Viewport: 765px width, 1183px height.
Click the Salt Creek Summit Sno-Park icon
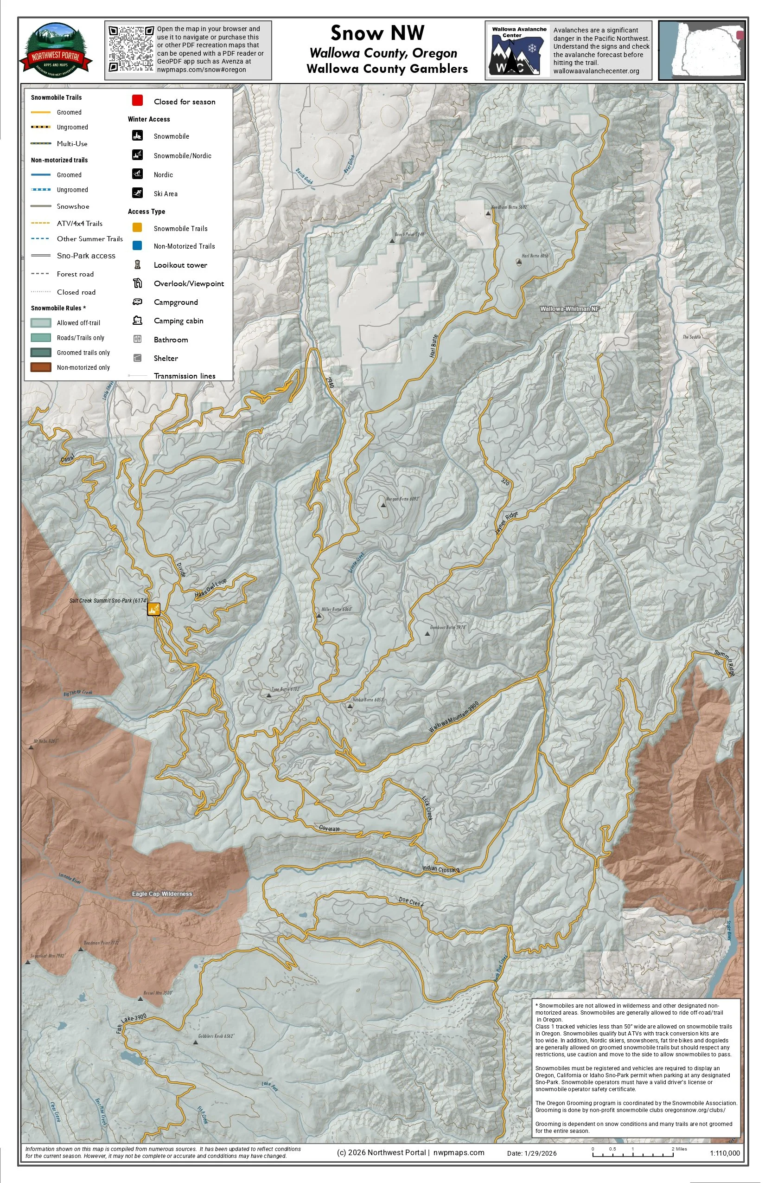[153, 609]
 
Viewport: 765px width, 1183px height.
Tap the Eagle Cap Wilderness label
[162, 894]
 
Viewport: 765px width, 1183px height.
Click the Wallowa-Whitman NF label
[569, 309]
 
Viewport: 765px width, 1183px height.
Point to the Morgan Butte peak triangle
[383, 505]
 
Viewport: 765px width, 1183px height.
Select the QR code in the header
[131, 49]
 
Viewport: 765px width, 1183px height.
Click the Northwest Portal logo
[56, 50]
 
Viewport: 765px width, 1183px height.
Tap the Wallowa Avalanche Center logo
[518, 51]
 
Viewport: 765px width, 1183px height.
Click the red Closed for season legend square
[138, 100]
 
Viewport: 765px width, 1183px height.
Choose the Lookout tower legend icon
[138, 264]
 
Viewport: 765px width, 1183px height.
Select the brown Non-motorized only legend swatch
[41, 367]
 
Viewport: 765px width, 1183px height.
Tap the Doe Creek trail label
[411, 902]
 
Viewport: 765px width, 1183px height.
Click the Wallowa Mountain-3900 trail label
[453, 717]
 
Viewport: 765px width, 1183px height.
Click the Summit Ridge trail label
[725, 662]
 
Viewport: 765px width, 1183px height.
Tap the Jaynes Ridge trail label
[506, 523]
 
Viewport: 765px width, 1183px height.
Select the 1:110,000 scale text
[724, 1153]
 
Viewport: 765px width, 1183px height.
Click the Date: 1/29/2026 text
[531, 1153]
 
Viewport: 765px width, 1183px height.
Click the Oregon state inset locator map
[701, 50]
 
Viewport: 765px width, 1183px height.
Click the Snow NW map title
[377, 33]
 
